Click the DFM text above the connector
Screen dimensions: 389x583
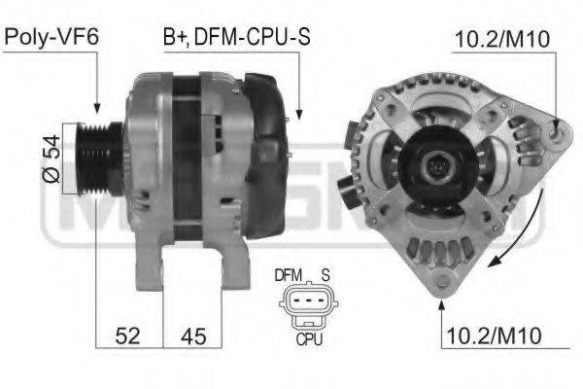pyautogui.click(x=289, y=275)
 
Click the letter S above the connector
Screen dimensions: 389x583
pyautogui.click(x=327, y=275)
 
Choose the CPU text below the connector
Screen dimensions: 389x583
pyautogui.click(x=309, y=340)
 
